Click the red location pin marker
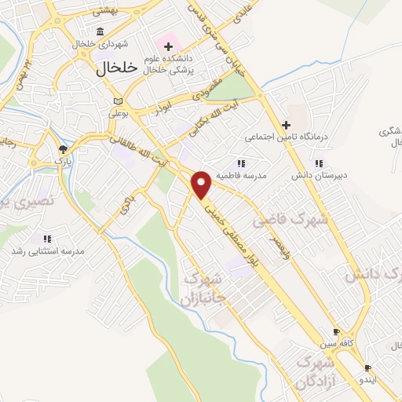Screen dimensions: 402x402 click(202, 185)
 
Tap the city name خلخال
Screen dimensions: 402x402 click(117, 68)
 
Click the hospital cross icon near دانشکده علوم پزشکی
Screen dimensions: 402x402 click(168, 47)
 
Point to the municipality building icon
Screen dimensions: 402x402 click(100, 31)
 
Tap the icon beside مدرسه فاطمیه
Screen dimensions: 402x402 click(242, 163)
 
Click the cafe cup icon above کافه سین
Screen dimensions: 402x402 click(336, 332)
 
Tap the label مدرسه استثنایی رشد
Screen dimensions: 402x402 click(47, 251)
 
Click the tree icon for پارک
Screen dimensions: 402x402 click(63, 148)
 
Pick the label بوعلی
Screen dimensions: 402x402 click(118, 112)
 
